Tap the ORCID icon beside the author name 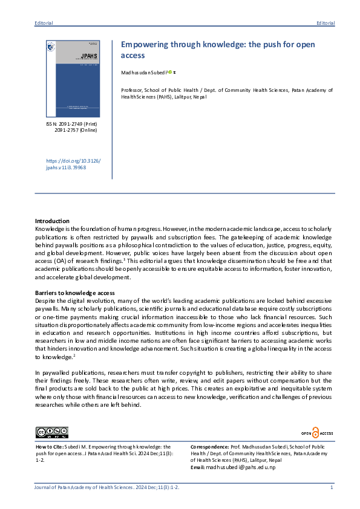171,72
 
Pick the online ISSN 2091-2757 76,130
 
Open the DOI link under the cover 74,163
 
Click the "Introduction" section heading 52,221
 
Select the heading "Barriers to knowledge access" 74,293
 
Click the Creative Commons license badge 52,432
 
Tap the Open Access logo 317,433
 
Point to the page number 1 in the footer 332,487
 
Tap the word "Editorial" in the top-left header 44,23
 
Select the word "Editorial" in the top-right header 325,23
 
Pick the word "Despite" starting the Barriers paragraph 45,300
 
